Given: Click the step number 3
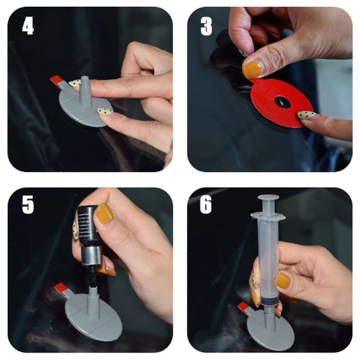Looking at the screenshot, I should point(206,26).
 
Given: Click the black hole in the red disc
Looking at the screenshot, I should point(282,102).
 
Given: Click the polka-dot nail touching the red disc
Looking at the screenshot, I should point(306,115).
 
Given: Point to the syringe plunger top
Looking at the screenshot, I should point(268,198).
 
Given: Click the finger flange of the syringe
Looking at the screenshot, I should point(268,217).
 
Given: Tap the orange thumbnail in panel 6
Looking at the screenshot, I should point(283,280).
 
